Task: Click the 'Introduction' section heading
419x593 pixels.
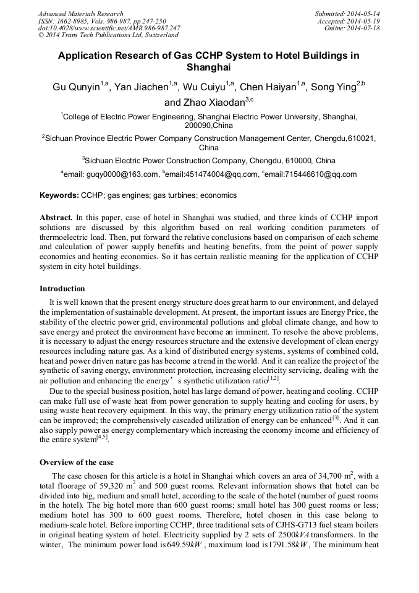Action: coord(62,288)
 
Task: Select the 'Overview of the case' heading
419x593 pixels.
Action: coord(76,462)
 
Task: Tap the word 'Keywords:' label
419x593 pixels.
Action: coord(59,195)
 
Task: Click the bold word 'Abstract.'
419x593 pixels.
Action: coord(56,218)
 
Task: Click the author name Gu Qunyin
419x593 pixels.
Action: coord(76,87)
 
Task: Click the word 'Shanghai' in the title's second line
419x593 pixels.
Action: coord(209,67)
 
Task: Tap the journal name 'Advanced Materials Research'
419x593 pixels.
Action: coord(80,14)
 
